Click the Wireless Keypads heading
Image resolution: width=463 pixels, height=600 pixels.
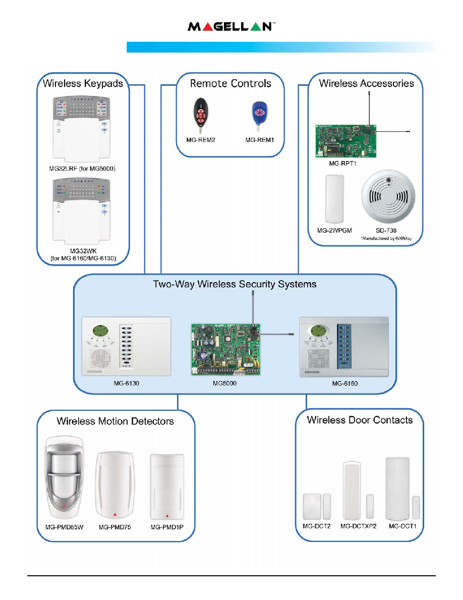[83, 84]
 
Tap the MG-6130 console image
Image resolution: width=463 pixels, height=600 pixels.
[127, 347]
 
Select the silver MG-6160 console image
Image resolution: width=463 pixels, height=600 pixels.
[344, 347]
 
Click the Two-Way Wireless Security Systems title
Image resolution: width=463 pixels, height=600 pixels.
[235, 284]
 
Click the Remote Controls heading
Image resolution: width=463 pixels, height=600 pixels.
[230, 84]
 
